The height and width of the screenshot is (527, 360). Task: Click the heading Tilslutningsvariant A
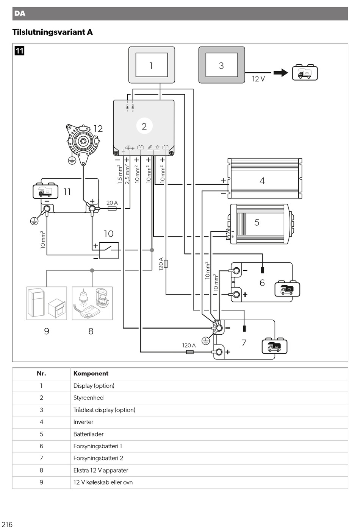53,32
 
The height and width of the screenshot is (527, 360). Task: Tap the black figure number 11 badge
19,51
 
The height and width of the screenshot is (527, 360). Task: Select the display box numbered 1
152,65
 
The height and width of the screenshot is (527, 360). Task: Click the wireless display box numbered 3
222,65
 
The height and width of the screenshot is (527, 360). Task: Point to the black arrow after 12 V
281,73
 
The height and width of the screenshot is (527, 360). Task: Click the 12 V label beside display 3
258,79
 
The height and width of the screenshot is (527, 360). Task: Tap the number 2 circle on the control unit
144,126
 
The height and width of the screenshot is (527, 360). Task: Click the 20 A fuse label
112,203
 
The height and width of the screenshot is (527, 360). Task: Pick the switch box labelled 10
109,250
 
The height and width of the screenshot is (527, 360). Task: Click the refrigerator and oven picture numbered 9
47,303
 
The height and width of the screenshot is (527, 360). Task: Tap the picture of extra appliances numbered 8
92,303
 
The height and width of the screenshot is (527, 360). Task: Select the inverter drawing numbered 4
265,178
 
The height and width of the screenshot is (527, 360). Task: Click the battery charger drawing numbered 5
261,224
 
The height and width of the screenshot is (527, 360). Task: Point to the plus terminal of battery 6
236,294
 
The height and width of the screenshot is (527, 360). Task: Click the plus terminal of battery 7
219,352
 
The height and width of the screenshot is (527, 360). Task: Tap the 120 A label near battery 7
189,345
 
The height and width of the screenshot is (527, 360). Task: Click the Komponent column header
91,373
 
